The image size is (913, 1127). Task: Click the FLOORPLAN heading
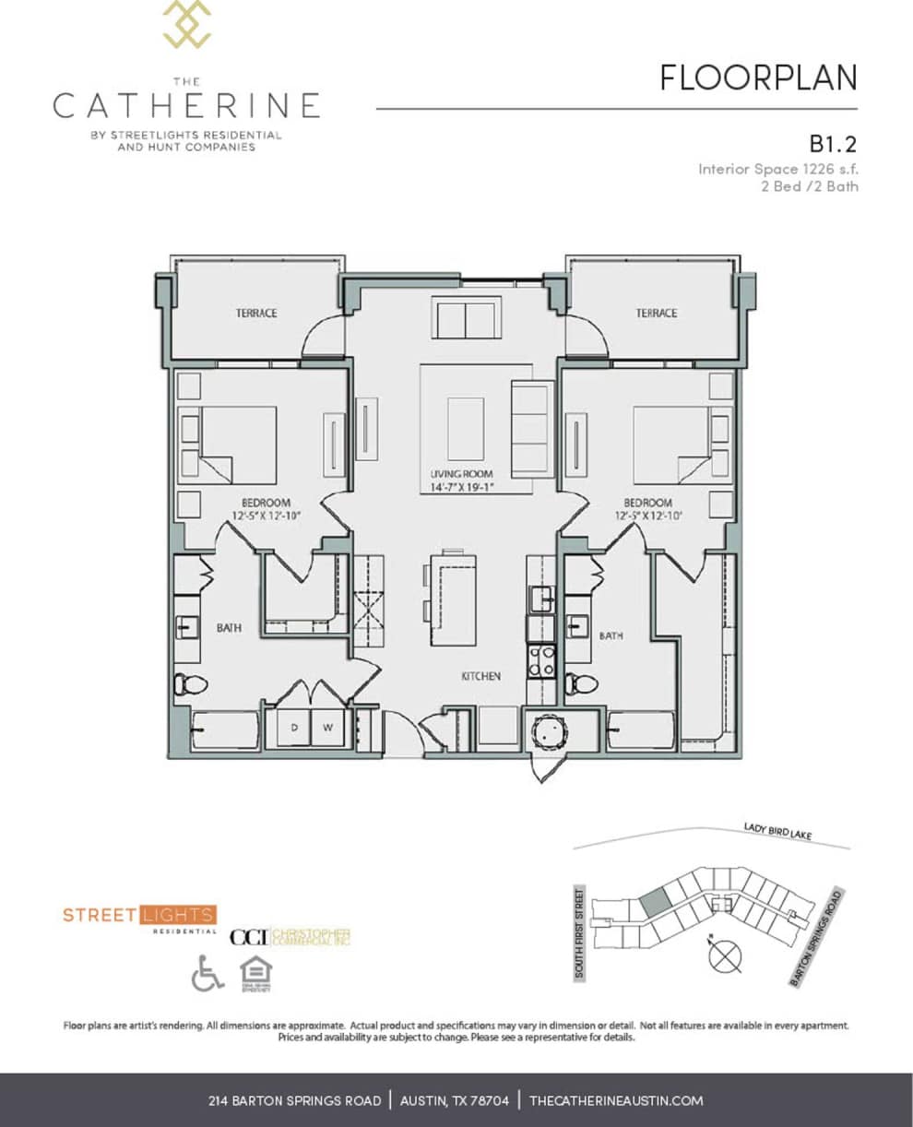pyautogui.click(x=758, y=78)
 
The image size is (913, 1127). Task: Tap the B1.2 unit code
pyautogui.click(x=834, y=144)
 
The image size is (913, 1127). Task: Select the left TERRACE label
pyautogui.click(x=255, y=314)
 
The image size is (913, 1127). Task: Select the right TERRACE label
pyautogui.click(x=656, y=314)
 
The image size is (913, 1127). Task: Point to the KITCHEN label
pyautogui.click(x=480, y=677)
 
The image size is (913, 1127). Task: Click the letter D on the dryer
pyautogui.click(x=295, y=727)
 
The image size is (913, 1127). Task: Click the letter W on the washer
pyautogui.click(x=326, y=727)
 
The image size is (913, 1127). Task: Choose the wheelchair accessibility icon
pyautogui.click(x=207, y=973)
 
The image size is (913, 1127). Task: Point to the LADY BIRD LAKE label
pyautogui.click(x=777, y=833)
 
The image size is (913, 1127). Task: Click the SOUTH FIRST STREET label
pyautogui.click(x=580, y=933)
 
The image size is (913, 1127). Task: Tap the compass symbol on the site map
pyautogui.click(x=725, y=955)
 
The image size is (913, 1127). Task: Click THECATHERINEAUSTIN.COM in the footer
pyautogui.click(x=616, y=1100)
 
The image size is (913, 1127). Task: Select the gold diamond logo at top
pyautogui.click(x=186, y=23)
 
